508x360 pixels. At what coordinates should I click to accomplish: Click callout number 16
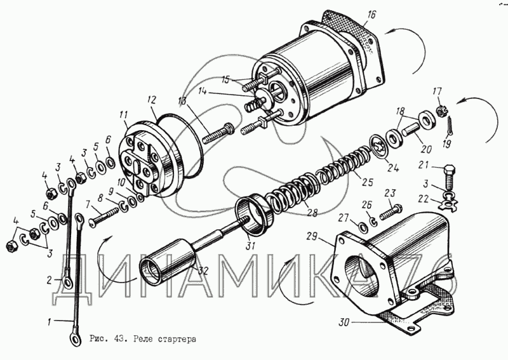(x=371, y=14)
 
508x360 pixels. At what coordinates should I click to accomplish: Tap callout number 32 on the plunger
(x=203, y=270)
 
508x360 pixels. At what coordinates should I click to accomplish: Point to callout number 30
(x=343, y=323)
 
